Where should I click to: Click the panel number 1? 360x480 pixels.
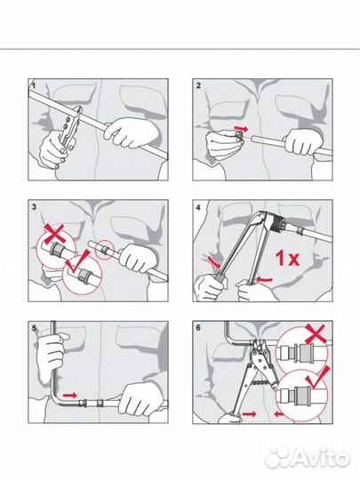(34, 85)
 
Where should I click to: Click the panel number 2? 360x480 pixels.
(198, 85)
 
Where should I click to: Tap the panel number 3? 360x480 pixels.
(34, 206)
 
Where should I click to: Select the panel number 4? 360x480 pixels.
(198, 207)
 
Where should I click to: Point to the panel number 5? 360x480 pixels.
(34, 328)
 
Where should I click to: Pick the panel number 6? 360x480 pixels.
(198, 328)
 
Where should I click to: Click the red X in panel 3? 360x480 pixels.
(54, 233)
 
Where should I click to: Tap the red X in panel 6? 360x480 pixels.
(316, 334)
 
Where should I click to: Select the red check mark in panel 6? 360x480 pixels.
(318, 378)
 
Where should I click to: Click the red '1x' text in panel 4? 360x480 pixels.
(287, 258)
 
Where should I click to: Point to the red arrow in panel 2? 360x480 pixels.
(241, 128)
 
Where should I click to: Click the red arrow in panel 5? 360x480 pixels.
(70, 396)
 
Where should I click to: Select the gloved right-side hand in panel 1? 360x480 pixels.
(132, 132)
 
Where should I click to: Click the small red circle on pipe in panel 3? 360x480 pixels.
(104, 250)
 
